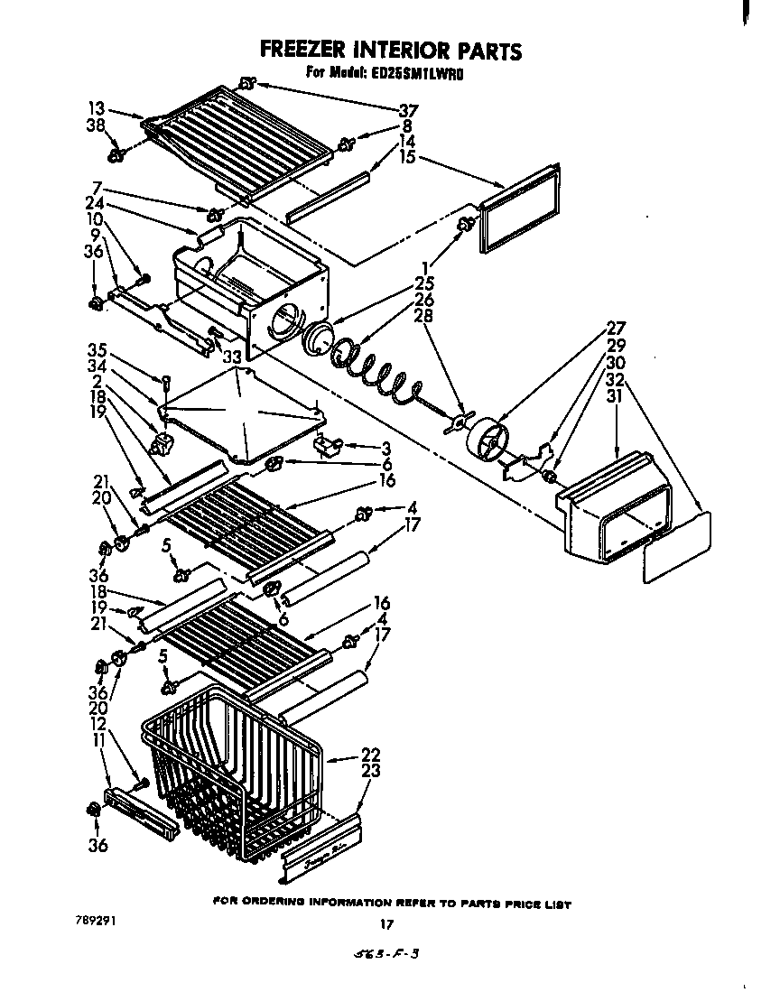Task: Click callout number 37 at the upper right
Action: click(409, 110)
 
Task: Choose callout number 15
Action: click(408, 157)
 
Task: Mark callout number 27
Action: click(615, 329)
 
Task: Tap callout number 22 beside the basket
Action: click(370, 755)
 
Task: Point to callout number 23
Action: click(370, 771)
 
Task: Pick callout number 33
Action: click(233, 357)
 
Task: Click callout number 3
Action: click(385, 448)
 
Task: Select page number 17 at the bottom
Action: click(385, 923)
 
